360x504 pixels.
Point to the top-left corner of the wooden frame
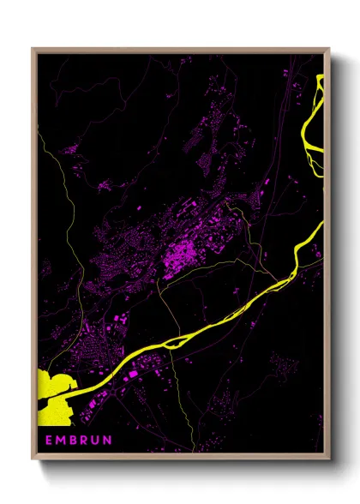click(33, 49)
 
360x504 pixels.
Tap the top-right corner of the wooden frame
click(329, 49)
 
